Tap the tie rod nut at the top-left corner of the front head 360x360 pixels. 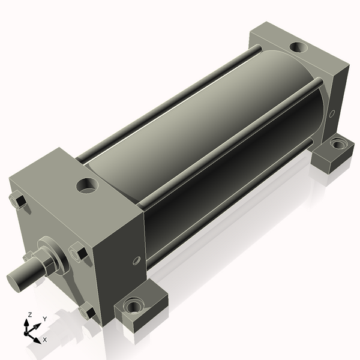point(18,200)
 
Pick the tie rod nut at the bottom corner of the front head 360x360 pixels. point(87,311)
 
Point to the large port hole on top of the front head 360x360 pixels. point(87,185)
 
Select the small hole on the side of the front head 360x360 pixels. point(136,261)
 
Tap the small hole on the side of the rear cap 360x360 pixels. point(332,114)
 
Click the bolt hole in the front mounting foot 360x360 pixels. point(134,305)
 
